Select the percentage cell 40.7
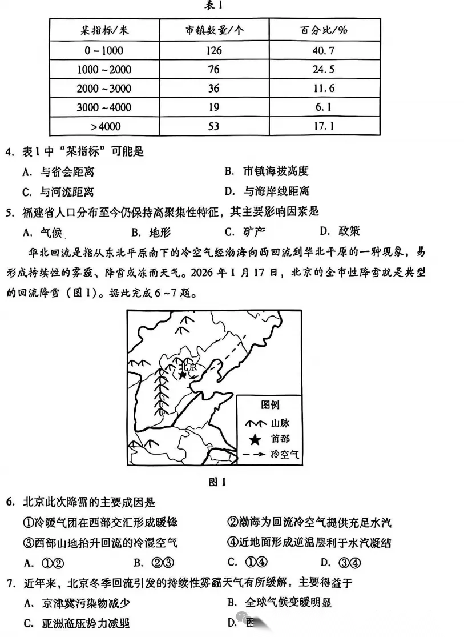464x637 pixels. click(x=324, y=50)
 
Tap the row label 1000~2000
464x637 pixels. click(x=104, y=69)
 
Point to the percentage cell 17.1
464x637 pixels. click(x=324, y=126)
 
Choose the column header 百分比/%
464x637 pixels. click(x=324, y=30)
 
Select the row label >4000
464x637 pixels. click(x=104, y=126)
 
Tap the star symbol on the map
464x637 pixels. click(x=182, y=375)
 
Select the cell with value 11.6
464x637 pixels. click(x=324, y=88)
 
